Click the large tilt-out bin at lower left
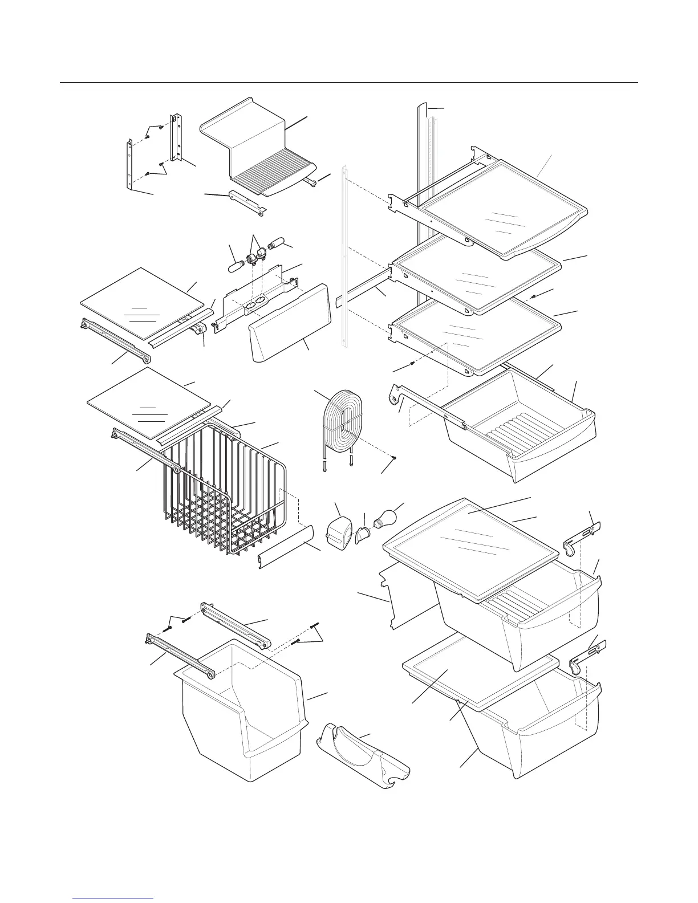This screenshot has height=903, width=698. click(242, 713)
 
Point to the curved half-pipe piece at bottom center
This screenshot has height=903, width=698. click(365, 752)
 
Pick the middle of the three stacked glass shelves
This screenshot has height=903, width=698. click(476, 279)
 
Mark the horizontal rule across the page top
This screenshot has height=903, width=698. click(349, 83)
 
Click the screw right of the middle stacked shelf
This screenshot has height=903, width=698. click(532, 297)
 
